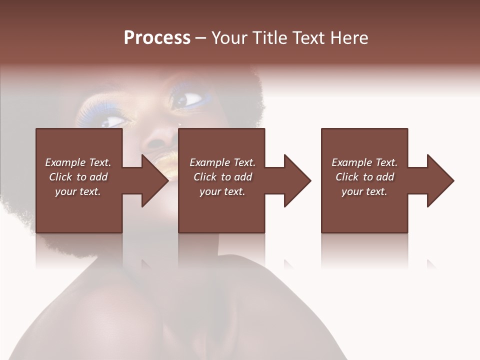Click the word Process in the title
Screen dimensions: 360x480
157,38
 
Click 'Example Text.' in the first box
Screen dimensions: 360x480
78,162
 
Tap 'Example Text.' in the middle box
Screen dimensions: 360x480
222,162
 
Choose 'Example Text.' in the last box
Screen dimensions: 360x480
364,162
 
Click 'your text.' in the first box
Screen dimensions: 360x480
78,191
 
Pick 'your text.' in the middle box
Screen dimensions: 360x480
222,191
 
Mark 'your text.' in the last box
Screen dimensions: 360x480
364,191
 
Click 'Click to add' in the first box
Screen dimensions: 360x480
78,177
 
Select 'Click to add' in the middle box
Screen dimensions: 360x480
222,177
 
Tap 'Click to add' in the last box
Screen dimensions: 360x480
364,177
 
